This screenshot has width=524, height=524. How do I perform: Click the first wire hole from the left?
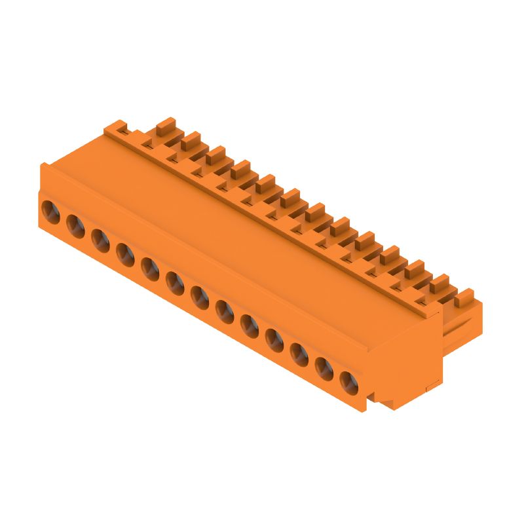[x=50, y=211]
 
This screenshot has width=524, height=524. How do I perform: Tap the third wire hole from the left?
[x=100, y=240]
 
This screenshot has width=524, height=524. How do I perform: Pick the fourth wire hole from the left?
[x=124, y=253]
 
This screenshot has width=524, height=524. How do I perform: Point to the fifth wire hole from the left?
[x=149, y=268]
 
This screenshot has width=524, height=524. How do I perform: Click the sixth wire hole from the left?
[x=174, y=282]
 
